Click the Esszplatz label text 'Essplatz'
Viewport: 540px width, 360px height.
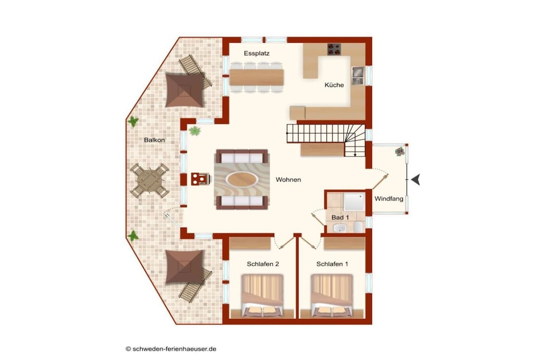pyautogui.click(x=257, y=53)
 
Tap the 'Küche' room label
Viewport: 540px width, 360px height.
pyautogui.click(x=334, y=85)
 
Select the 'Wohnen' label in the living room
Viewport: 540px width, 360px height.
pyautogui.click(x=288, y=180)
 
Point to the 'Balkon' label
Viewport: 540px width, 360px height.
pyautogui.click(x=155, y=140)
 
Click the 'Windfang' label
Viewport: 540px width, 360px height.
pyautogui.click(x=389, y=199)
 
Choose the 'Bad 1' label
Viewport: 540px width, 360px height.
pyautogui.click(x=340, y=218)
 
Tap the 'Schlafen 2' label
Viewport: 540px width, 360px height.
pyautogui.click(x=263, y=264)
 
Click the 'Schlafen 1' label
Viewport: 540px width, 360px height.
pyautogui.click(x=332, y=264)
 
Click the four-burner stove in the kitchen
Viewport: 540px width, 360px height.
pyautogui.click(x=334, y=49)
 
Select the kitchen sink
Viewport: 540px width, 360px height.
pyautogui.click(x=358, y=76)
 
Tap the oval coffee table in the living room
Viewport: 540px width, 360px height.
pyautogui.click(x=242, y=179)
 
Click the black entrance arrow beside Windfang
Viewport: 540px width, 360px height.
pyautogui.click(x=416, y=180)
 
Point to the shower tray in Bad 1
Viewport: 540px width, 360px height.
pyautogui.click(x=354, y=202)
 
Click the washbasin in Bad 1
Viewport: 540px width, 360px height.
pyautogui.click(x=340, y=228)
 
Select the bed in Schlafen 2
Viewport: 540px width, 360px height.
pyautogui.click(x=263, y=295)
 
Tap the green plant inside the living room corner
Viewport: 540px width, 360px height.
pyautogui.click(x=195, y=131)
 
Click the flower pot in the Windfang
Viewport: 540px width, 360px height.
pyautogui.click(x=400, y=151)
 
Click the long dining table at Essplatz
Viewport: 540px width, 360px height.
pyautogui.click(x=257, y=77)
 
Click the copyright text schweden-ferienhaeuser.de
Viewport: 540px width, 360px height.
pyautogui.click(x=171, y=348)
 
